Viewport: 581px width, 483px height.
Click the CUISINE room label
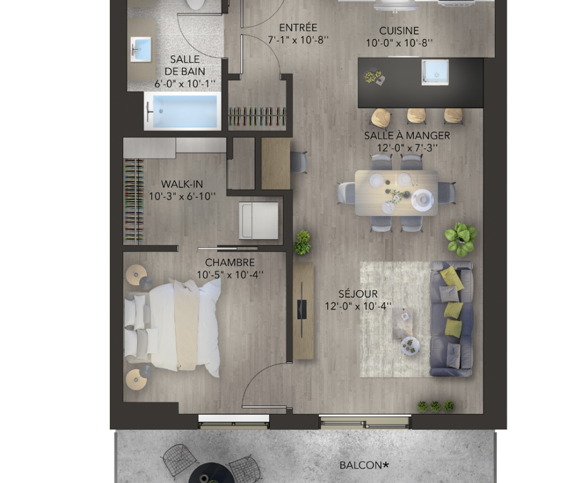pyautogui.click(x=399, y=30)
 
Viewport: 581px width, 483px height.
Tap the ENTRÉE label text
pyautogui.click(x=298, y=28)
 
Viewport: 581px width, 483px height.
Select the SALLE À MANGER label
pyautogui.click(x=407, y=135)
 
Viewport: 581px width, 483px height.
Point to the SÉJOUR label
pyautogui.click(x=358, y=293)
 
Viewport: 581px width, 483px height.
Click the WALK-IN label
pyautogui.click(x=182, y=184)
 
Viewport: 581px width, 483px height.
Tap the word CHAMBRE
pyautogui.click(x=230, y=263)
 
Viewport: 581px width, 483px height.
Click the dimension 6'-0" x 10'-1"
pyautogui.click(x=185, y=84)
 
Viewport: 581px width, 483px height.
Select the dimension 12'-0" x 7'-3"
pyautogui.click(x=407, y=148)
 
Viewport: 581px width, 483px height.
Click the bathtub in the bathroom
pyautogui.click(x=182, y=111)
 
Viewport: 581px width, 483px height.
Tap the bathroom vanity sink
pyautogui.click(x=141, y=49)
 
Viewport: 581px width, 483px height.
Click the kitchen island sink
pyautogui.click(x=435, y=71)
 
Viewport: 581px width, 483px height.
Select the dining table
pyautogui.click(x=397, y=193)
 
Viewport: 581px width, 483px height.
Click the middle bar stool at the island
pyautogui.click(x=416, y=116)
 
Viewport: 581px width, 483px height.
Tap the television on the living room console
pyautogui.click(x=302, y=308)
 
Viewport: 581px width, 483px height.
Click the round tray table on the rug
pyautogui.click(x=410, y=346)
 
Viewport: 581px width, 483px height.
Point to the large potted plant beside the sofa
pyautogui.click(x=461, y=239)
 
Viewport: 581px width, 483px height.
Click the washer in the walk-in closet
pyautogui.click(x=259, y=220)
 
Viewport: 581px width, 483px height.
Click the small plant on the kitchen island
pyautogui.click(x=372, y=76)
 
